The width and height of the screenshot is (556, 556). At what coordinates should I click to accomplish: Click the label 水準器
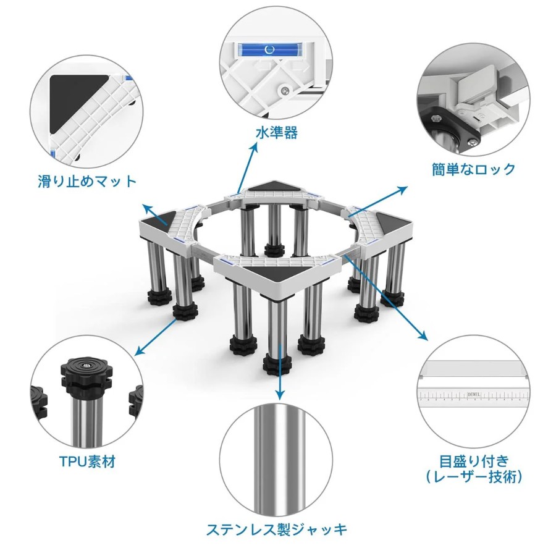277,133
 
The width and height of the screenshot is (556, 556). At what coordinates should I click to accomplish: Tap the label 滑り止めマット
87,182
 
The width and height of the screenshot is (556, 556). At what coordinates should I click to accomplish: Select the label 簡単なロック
473,169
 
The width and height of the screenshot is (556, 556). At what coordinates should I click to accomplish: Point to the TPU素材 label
87,461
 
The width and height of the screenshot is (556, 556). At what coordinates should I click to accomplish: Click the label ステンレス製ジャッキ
277,530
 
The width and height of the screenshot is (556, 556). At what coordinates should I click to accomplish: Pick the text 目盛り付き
474,461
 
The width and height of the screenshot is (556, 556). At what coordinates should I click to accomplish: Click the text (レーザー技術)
474,477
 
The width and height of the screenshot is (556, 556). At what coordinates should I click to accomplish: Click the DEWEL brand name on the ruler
474,395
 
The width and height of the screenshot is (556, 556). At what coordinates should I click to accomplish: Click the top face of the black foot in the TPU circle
86,366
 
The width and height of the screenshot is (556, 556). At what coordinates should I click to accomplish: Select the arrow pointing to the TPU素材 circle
156,337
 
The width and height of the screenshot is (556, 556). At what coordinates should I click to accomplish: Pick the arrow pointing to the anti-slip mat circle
155,214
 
